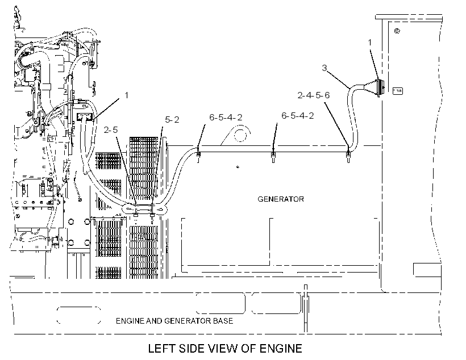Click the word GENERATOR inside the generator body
coord(281,199)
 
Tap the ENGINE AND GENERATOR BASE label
coord(174,321)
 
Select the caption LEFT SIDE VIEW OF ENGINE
coord(225,349)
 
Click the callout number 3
coord(324,68)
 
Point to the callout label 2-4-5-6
coord(314,95)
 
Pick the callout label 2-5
coord(111,130)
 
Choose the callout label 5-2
coord(172,120)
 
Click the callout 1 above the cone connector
coord(370,43)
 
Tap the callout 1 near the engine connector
coord(127,95)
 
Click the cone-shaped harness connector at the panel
coord(374,86)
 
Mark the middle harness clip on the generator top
coord(273,156)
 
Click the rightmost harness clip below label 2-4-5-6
coord(348,156)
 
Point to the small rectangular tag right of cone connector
coord(398,91)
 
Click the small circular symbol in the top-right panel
coord(397,31)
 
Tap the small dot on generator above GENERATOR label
coord(238,167)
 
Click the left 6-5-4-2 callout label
coord(226,118)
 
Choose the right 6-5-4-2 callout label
coord(297,115)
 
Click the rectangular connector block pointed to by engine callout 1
coord(86,118)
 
